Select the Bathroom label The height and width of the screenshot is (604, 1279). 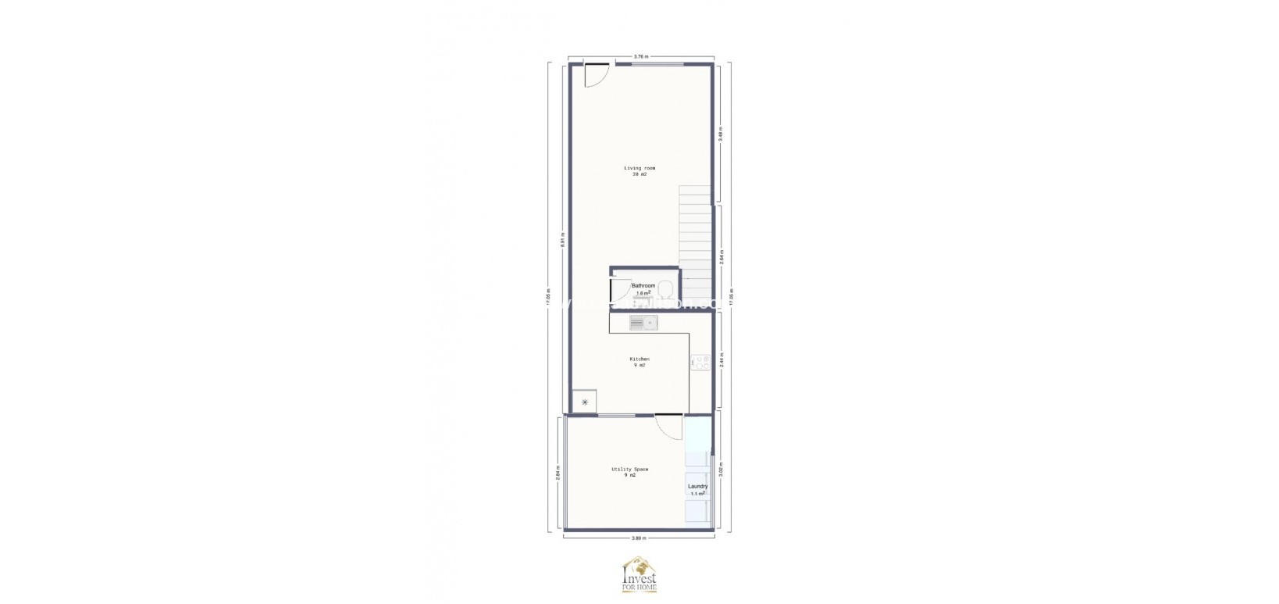tap(643, 286)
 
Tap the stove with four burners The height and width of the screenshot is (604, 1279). tap(700, 363)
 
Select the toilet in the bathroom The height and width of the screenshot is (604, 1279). tap(664, 288)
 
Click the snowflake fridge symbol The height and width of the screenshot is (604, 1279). tap(584, 402)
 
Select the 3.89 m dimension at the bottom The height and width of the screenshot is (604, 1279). tap(639, 538)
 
